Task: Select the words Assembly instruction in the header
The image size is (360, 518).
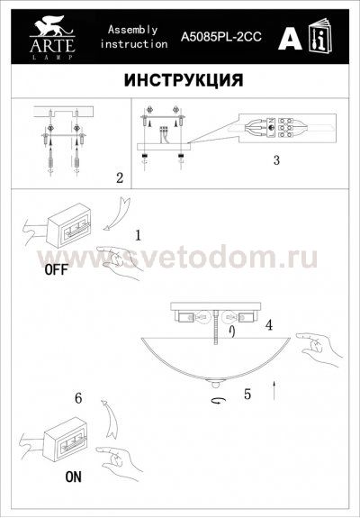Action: pyautogui.click(x=132, y=37)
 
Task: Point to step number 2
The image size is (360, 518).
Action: pyautogui.click(x=120, y=177)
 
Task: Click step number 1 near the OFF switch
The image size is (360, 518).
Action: pyautogui.click(x=138, y=235)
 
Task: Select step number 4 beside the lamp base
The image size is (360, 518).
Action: pyautogui.click(x=268, y=323)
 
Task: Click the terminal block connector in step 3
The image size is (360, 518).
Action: pyautogui.click(x=275, y=129)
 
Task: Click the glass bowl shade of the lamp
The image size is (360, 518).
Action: pyautogui.click(x=216, y=357)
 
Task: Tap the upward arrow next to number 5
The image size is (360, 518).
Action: pyautogui.click(x=273, y=389)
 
